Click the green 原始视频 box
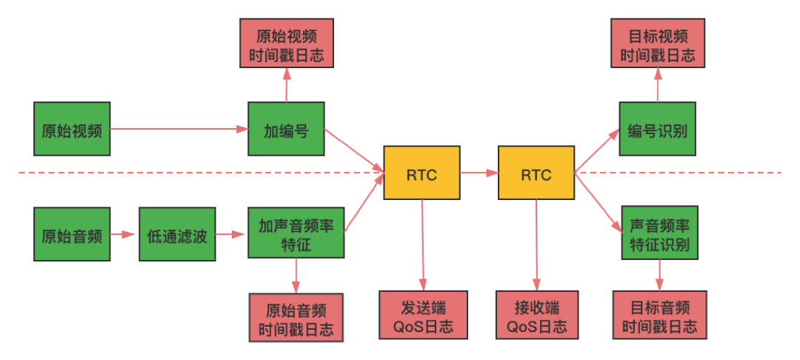coord(72,129)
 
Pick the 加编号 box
coord(286,129)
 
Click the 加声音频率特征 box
coord(296,233)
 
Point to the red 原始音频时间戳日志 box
coord(296,316)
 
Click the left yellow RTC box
coord(421,173)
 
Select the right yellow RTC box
coord(536,173)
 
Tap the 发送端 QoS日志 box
coord(423,315)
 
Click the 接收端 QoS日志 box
coord(536,315)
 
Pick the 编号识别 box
coord(658,129)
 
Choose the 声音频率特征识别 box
coord(658,233)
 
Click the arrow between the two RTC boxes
coord(479,173)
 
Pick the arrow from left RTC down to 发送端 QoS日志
coord(422,244)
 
